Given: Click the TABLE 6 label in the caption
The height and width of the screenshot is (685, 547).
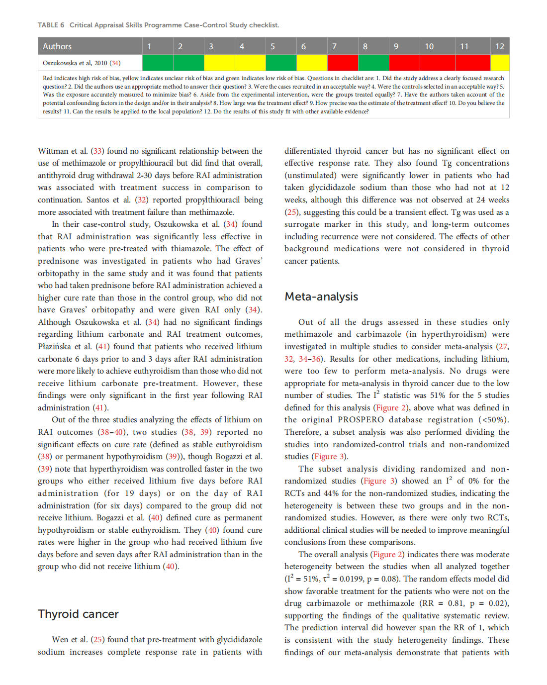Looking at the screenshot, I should (x=51, y=25).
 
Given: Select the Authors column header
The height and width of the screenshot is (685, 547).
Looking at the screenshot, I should (x=57, y=46).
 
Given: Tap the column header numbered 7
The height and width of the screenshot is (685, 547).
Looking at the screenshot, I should (x=335, y=46).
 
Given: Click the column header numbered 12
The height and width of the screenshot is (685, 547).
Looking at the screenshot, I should (x=500, y=46).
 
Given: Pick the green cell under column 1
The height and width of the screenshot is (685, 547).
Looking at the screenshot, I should (x=158, y=63).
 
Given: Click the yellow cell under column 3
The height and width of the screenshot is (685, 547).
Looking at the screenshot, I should (x=219, y=63).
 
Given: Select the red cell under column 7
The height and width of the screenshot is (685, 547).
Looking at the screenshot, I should (x=343, y=63).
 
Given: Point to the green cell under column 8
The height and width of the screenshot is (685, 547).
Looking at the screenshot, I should (x=373, y=63).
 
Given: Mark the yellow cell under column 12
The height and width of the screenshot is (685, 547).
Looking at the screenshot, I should (x=500, y=63).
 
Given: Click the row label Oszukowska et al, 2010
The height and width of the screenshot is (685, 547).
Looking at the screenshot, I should (x=82, y=63).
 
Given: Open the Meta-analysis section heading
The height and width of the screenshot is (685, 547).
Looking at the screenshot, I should (x=321, y=296).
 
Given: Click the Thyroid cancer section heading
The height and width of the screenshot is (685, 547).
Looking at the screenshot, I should (x=78, y=614).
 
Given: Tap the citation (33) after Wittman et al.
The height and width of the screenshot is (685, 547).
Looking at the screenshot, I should (x=97, y=151).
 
